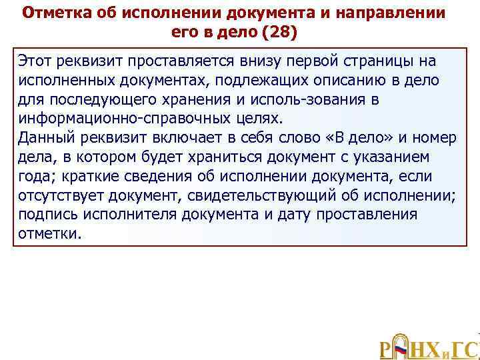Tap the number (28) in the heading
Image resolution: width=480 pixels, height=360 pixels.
point(277,31)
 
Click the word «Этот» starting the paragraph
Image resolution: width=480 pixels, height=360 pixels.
point(37,61)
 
